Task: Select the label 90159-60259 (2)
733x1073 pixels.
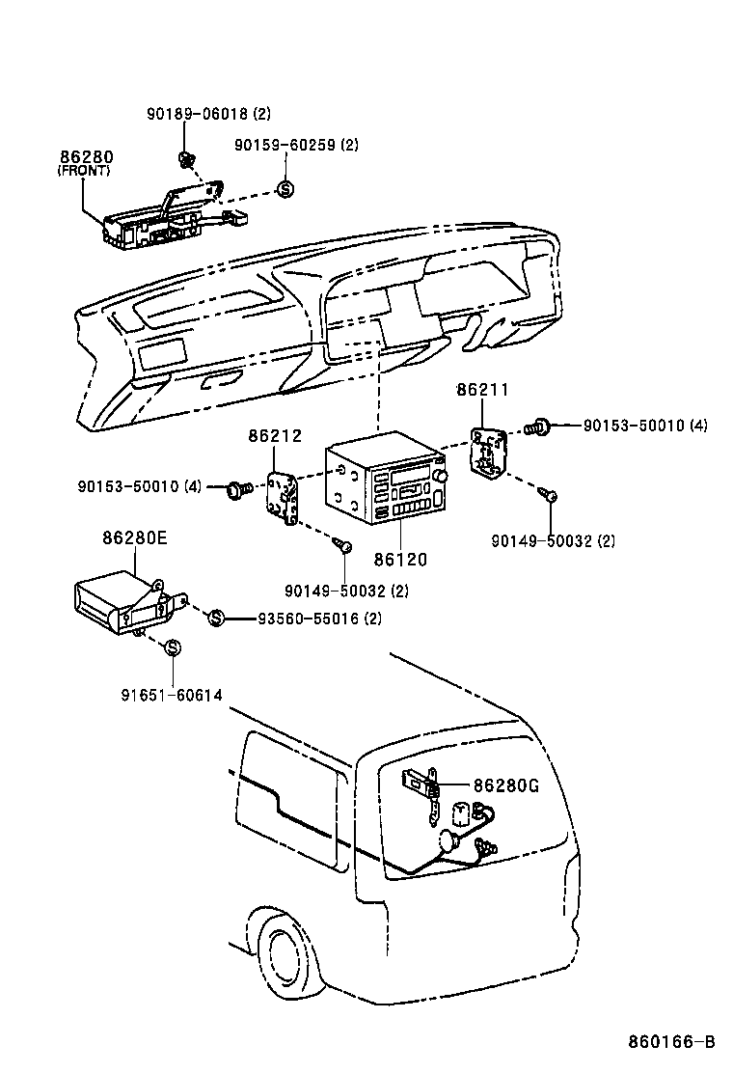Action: (296, 145)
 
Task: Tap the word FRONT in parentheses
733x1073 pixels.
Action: (84, 171)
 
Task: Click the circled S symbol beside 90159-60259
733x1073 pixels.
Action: (285, 189)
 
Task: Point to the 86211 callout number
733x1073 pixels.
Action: (482, 390)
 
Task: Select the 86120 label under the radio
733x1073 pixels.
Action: (400, 559)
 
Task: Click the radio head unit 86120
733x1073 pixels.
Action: (386, 483)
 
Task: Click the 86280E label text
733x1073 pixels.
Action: (135, 538)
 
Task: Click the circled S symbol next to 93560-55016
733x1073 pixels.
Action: (216, 618)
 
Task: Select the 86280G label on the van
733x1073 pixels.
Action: (505, 785)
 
